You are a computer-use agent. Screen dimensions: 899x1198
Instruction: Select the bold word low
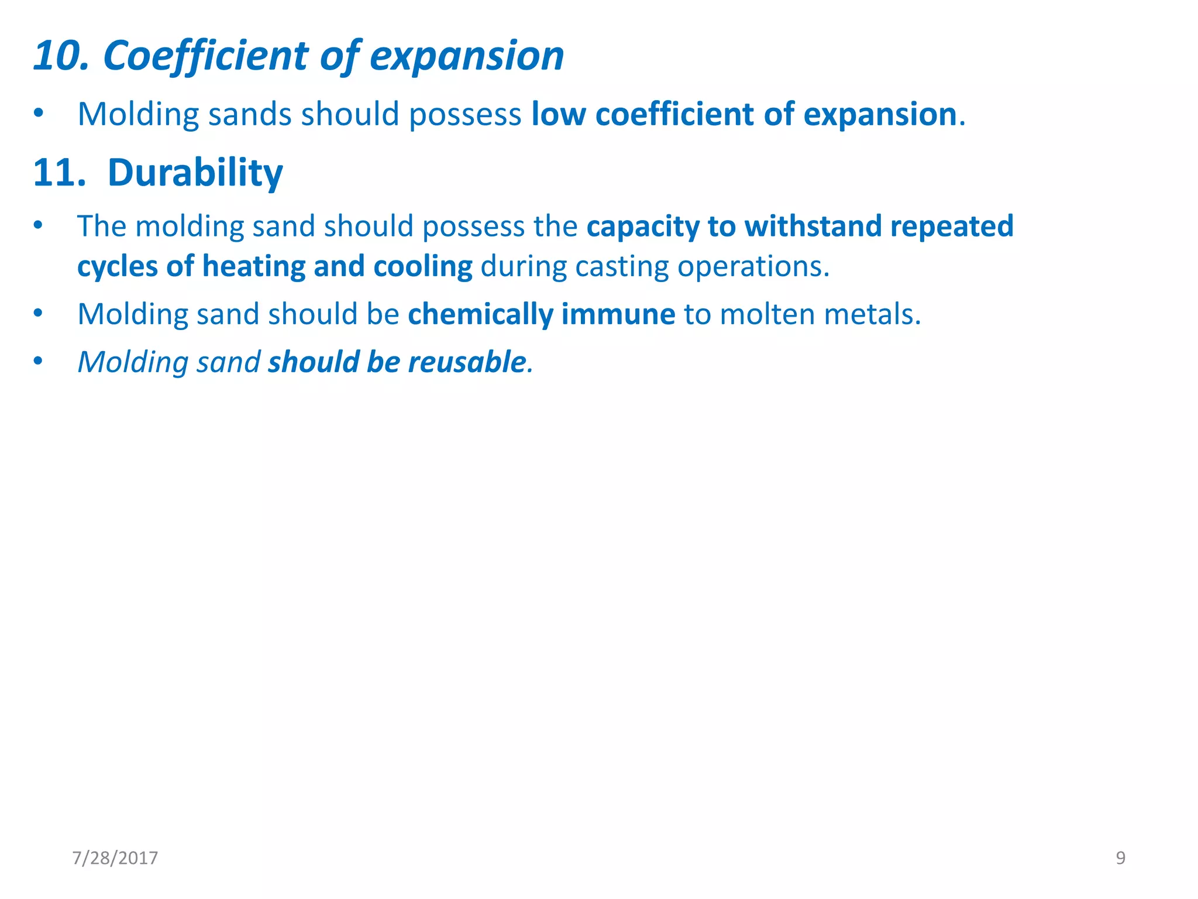[x=558, y=114]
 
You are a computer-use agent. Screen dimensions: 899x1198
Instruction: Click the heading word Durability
[x=195, y=174]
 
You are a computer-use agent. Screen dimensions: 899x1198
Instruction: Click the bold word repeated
[x=952, y=227]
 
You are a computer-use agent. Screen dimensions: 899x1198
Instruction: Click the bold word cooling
[x=423, y=267]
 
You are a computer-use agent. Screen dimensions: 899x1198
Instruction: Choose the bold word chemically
[x=480, y=315]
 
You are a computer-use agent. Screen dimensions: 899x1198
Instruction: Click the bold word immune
[x=618, y=315]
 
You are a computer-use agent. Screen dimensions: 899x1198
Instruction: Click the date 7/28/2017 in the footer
[x=115, y=858]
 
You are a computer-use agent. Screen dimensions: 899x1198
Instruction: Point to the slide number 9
[x=1120, y=858]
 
